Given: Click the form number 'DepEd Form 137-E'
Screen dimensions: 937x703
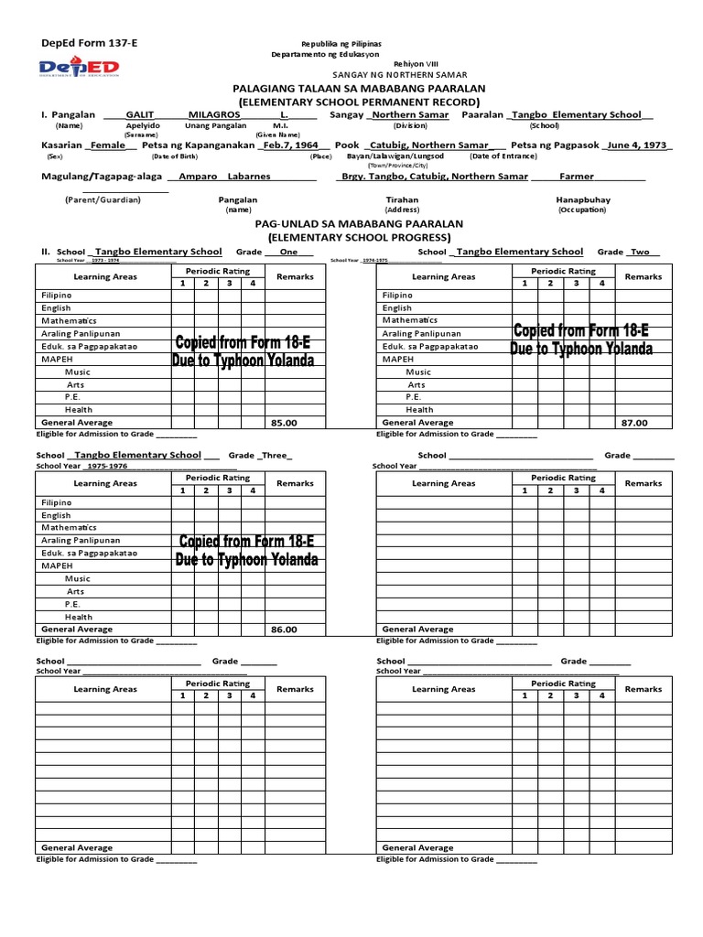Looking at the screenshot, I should (x=81, y=44).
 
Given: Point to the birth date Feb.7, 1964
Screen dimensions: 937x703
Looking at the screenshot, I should (x=290, y=145).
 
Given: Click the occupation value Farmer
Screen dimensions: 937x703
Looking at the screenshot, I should (x=577, y=176).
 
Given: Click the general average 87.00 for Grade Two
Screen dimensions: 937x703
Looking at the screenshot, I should (x=633, y=423).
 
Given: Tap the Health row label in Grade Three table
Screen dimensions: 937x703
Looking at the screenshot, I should (x=78, y=617).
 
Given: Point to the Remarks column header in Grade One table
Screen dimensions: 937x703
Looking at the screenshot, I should (x=295, y=276).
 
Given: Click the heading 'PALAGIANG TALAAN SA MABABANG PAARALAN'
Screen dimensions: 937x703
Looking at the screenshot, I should (x=351, y=88).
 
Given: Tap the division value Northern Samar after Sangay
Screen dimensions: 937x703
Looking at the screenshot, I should (x=409, y=115).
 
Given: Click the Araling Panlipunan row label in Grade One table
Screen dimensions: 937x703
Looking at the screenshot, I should (x=81, y=334).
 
